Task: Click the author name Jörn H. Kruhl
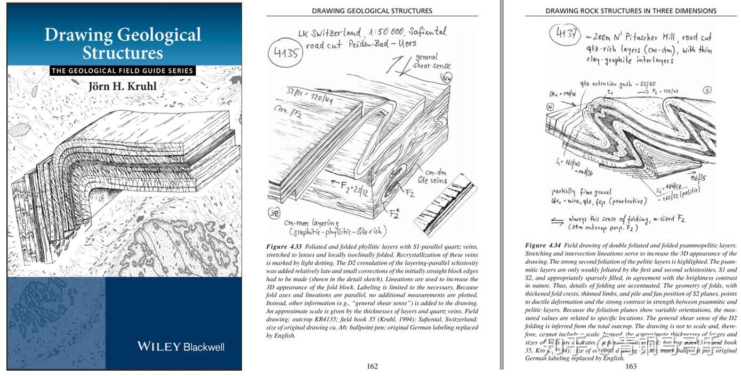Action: click(x=123, y=86)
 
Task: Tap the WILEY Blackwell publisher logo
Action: click(x=181, y=347)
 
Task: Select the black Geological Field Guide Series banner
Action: click(x=123, y=70)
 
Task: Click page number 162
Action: click(x=372, y=366)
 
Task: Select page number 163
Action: click(x=631, y=366)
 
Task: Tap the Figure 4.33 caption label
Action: click(x=284, y=246)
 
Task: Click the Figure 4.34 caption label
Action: click(x=543, y=245)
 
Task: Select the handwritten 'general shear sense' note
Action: click(x=432, y=61)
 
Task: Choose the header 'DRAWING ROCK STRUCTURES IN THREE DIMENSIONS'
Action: click(x=631, y=11)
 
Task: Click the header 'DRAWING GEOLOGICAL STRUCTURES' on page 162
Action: click(x=372, y=11)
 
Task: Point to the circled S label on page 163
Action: click(x=707, y=90)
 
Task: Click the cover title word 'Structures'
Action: click(x=123, y=53)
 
